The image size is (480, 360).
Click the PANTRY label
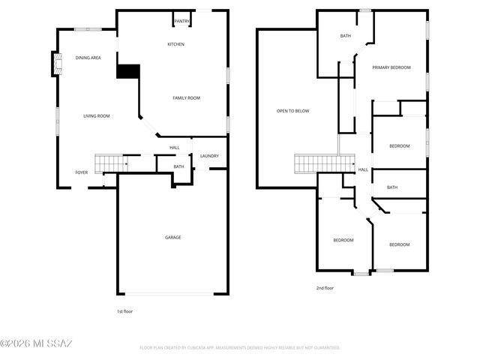point(181,22)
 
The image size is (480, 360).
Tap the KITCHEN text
point(175,44)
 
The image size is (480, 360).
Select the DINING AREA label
point(88,58)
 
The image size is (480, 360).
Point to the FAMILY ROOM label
point(186,98)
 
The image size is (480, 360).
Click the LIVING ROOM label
point(97,116)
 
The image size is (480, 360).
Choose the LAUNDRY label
point(209,156)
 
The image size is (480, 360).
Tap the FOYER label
point(81,172)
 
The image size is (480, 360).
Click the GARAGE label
point(172,238)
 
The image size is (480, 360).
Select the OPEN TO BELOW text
point(292,111)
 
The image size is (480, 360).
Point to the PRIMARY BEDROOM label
point(392,67)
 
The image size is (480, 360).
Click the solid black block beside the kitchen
point(128,70)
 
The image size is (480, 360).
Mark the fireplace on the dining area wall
point(56,64)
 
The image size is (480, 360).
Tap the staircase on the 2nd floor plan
point(323,162)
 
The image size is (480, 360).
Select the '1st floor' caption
point(125,310)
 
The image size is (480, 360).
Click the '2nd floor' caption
point(325,288)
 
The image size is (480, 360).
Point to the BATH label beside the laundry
point(178,166)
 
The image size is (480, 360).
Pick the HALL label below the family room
point(174,148)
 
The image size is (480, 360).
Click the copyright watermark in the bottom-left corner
point(36,344)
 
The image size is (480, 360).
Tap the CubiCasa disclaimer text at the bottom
point(240,348)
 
